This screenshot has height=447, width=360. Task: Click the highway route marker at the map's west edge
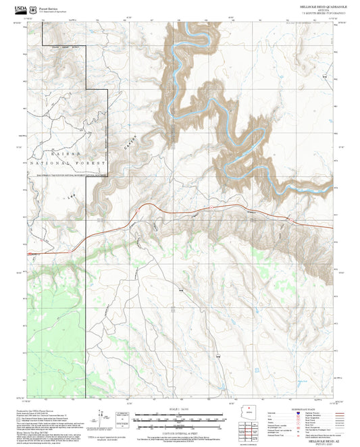click(30, 253)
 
